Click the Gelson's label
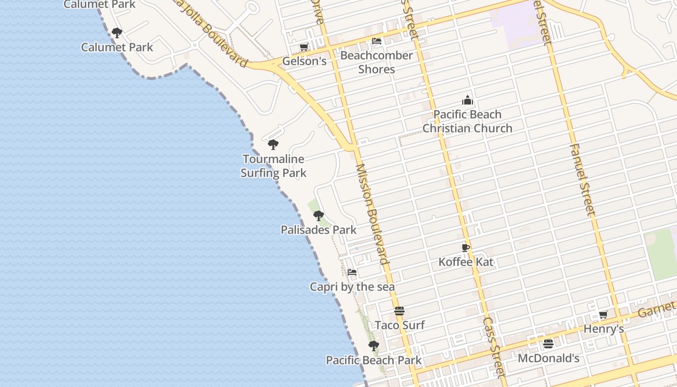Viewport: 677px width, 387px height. tap(304, 61)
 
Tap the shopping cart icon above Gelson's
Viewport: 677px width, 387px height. tap(304, 47)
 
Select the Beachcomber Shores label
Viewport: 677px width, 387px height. tap(377, 62)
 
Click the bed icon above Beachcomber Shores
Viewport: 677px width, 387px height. tap(377, 41)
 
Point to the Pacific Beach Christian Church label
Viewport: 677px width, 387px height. tap(467, 121)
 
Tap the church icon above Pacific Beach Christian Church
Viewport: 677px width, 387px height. tap(468, 101)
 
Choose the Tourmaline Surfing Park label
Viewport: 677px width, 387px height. tap(274, 166)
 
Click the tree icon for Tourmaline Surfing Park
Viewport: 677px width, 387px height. tap(273, 145)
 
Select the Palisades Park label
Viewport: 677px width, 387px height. tap(319, 230)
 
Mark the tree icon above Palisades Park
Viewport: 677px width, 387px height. tap(318, 216)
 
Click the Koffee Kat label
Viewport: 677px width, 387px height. tap(466, 262)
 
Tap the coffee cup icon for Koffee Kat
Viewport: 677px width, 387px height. tap(466, 248)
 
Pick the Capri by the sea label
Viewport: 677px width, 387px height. tap(352, 287)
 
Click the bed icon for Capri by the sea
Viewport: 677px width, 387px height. tap(352, 272)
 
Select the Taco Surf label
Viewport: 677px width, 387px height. tap(400, 325)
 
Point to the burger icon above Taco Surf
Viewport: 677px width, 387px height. tap(399, 311)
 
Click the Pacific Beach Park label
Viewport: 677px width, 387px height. tap(374, 360)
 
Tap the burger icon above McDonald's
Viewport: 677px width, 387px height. tap(548, 344)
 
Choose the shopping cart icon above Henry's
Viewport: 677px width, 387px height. tap(603, 315)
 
